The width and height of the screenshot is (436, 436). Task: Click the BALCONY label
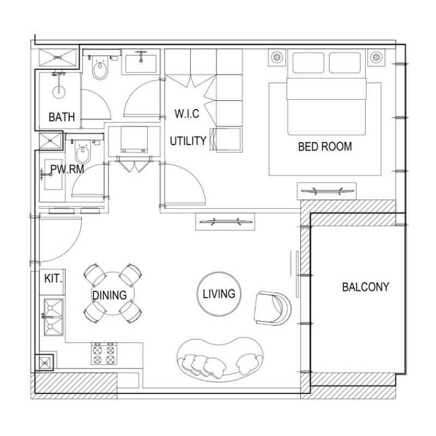366,287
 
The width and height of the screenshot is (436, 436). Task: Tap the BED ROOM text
325,147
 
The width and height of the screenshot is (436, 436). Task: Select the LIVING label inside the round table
219,294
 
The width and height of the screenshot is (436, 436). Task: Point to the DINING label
109,295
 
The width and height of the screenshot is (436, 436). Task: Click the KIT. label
53,278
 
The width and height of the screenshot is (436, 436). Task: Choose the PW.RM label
67,170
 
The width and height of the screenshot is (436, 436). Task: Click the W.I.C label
187,114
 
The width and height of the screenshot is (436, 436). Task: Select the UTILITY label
187,141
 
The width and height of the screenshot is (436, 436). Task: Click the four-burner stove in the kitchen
104,355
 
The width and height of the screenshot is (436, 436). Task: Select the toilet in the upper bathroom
100,70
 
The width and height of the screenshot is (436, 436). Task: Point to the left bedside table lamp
277,57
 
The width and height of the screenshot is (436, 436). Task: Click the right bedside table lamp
375,57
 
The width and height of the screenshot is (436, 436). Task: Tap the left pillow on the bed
308,63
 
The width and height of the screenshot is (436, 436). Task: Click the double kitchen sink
53,316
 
